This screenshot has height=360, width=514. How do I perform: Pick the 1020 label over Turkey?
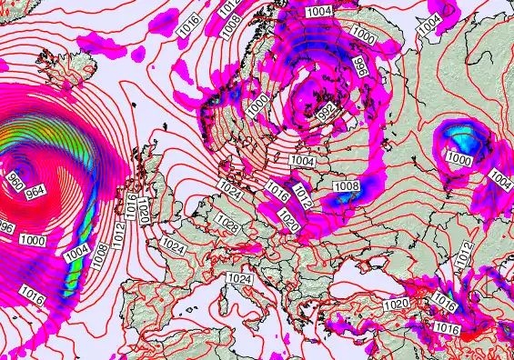(x=397, y=304)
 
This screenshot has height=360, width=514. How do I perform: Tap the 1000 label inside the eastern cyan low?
(x=459, y=159)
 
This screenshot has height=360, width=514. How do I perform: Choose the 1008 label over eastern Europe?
(x=346, y=186)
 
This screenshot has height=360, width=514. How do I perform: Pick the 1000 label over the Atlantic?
(x=34, y=240)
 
